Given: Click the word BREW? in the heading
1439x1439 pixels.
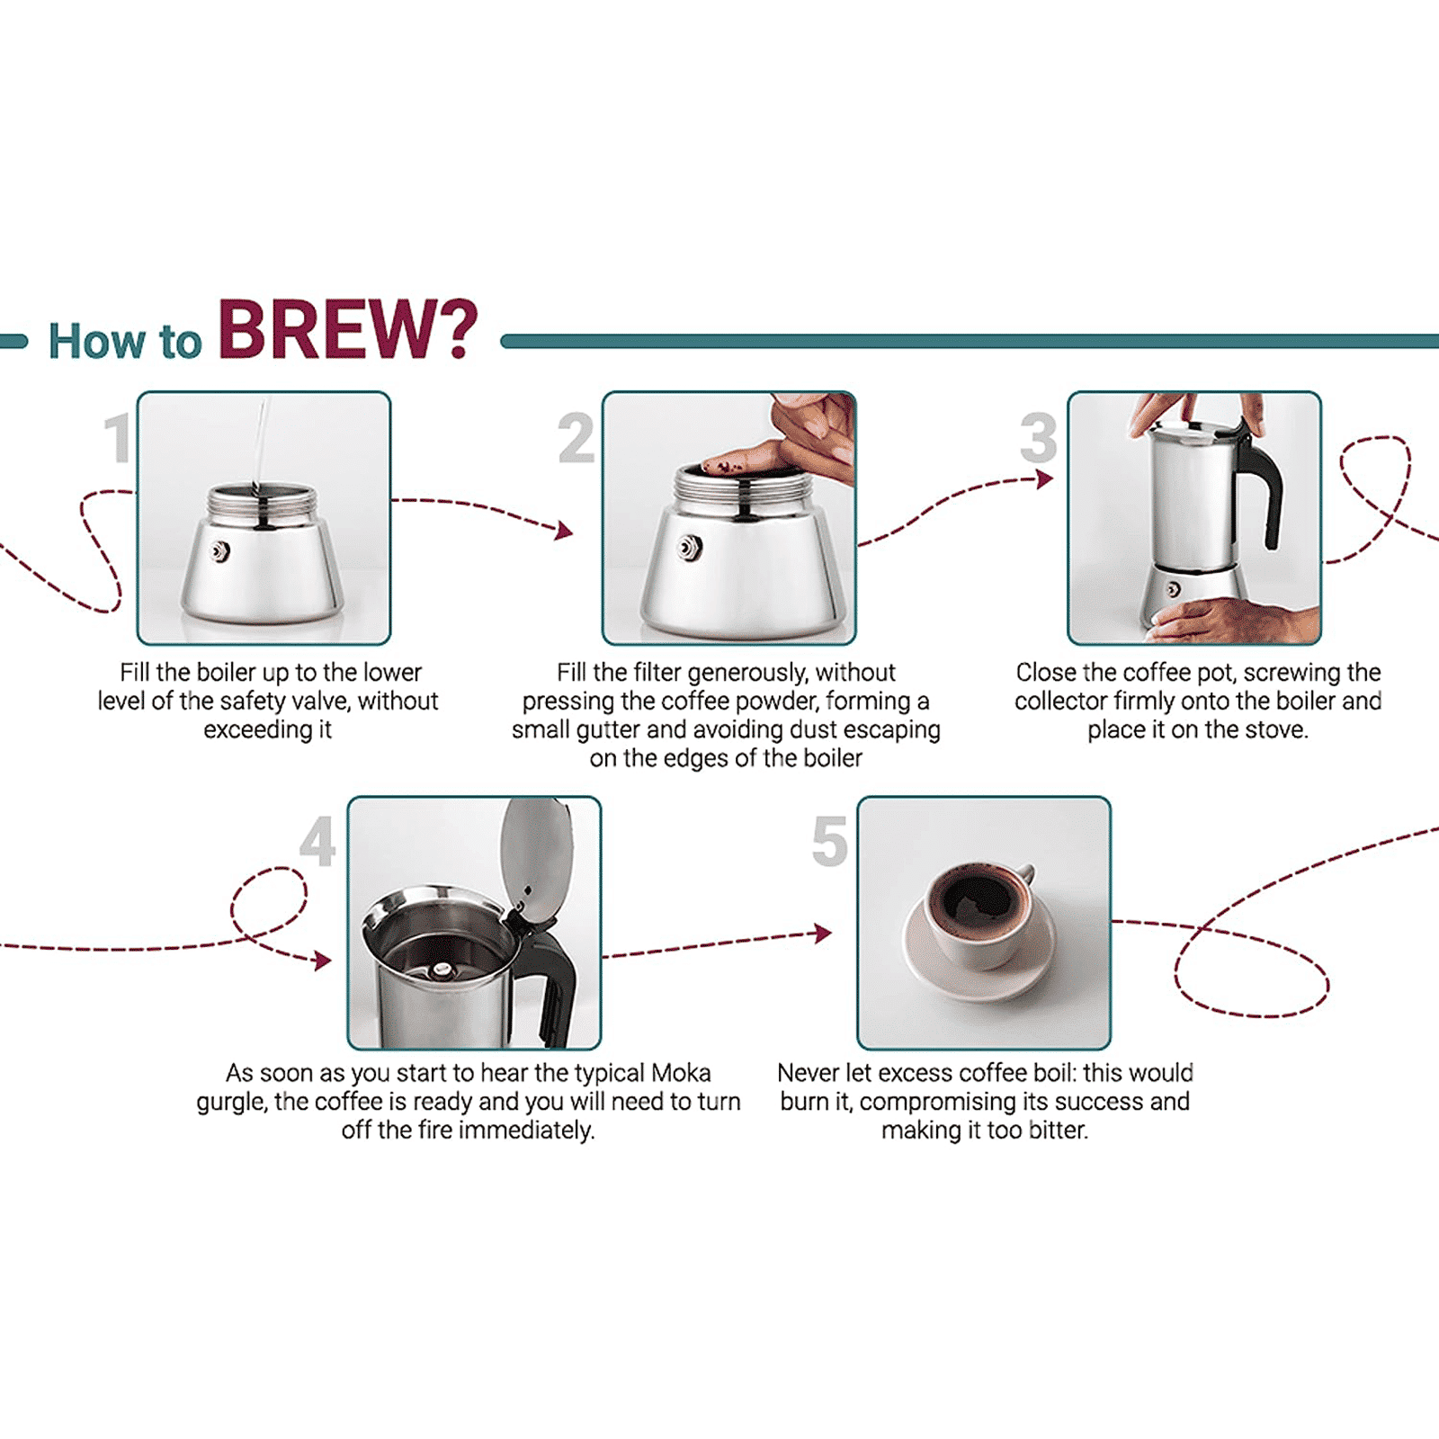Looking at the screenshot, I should [347, 330].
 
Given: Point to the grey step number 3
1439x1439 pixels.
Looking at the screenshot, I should [1039, 438].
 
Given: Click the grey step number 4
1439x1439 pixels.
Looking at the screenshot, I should [317, 843].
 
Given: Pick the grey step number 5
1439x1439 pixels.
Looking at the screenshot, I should [829, 843].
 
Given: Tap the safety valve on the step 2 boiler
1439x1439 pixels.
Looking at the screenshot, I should [690, 547].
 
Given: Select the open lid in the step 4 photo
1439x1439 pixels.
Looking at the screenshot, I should [538, 859].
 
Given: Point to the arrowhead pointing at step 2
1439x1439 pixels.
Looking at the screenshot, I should [565, 531].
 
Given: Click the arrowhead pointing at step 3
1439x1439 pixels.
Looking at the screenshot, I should [1044, 479].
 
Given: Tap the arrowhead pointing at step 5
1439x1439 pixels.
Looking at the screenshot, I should [822, 933].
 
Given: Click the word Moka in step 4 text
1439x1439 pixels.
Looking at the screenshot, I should [681, 1073].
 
